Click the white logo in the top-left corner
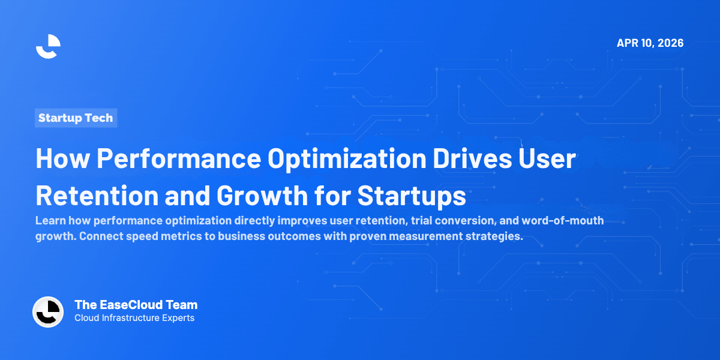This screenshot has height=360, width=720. coord(48,46)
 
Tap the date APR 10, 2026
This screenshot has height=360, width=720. coord(650,43)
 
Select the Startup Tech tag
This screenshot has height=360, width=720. coord(76,118)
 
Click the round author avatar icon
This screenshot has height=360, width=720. coord(48,312)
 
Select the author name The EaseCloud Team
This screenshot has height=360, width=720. coord(136,305)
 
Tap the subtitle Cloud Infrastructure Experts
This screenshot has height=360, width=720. coord(134,318)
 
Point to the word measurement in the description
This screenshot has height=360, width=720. coord(425,236)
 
